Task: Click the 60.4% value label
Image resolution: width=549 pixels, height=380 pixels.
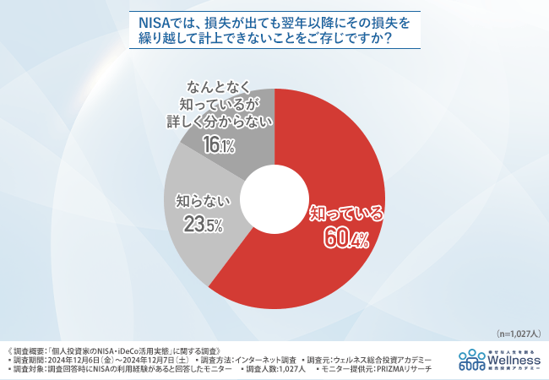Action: [x=347, y=241]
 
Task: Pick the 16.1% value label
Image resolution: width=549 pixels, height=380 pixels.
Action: [x=218, y=146]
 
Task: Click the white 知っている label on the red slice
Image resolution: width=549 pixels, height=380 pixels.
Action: [x=347, y=213]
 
